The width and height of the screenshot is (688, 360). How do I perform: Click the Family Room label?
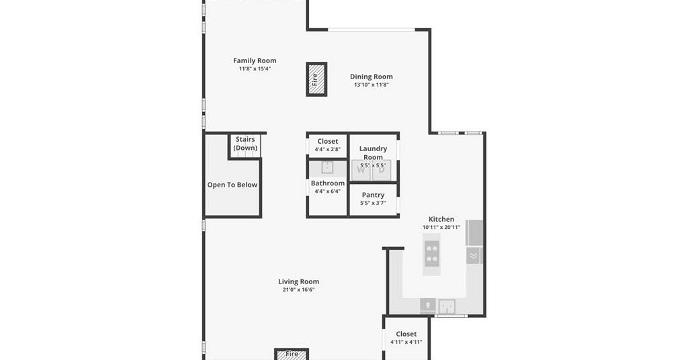(255, 60)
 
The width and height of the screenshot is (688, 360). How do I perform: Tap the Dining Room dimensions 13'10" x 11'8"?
(371, 85)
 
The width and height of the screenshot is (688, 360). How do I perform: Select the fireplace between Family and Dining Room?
(316, 79)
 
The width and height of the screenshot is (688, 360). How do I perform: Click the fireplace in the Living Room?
(292, 355)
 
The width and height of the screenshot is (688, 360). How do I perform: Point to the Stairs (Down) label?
(245, 143)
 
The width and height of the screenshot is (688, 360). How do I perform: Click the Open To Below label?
(232, 185)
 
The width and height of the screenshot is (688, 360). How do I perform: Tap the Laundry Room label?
(373, 152)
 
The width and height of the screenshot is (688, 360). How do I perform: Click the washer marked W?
(361, 170)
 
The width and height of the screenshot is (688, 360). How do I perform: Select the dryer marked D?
(382, 170)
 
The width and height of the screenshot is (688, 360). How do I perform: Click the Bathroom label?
(328, 183)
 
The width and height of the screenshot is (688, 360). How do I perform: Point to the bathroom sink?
(327, 167)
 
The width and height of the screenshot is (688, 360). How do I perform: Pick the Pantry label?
(373, 195)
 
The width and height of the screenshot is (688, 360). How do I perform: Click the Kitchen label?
(441, 219)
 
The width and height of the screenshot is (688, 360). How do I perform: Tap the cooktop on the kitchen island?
(432, 255)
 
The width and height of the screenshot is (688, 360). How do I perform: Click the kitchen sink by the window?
(447, 306)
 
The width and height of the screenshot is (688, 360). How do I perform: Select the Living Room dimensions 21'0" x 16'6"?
(298, 289)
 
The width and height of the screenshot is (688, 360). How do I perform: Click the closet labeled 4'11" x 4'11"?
(406, 338)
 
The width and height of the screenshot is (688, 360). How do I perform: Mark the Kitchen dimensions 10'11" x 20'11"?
(441, 227)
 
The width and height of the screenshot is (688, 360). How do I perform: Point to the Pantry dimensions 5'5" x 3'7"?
(373, 203)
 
